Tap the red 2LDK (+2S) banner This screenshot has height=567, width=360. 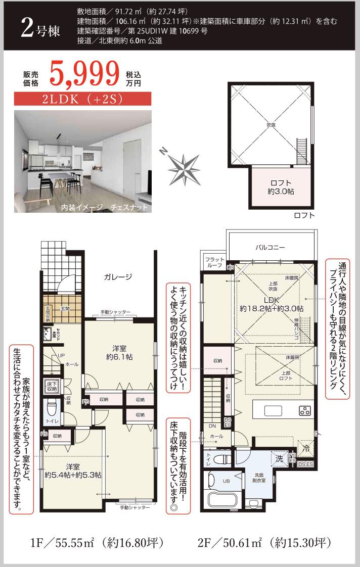click(x=83, y=100)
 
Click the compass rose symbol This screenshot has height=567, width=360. click(x=184, y=166)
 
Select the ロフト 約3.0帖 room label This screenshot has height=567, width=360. click(x=281, y=187)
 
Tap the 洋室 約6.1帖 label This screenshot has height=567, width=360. click(x=119, y=352)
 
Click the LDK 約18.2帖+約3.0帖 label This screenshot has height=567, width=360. click(x=272, y=303)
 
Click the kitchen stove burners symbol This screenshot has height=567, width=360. click(x=305, y=410)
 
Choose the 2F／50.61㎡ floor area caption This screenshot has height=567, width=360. click(x=265, y=543)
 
